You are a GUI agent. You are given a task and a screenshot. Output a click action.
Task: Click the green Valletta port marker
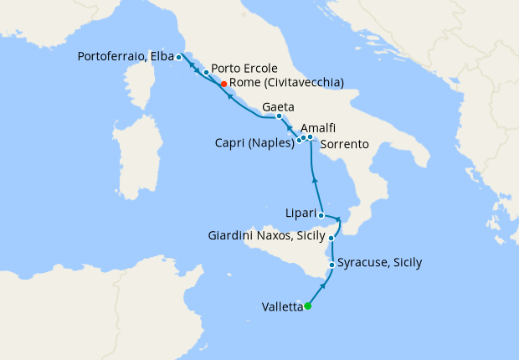pos(308,306)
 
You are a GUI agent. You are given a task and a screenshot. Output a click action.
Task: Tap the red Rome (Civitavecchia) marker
pos(224,84)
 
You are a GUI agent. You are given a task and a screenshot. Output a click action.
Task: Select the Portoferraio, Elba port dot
pos(178,57)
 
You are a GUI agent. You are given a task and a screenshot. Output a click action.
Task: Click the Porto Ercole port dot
pos(206,73)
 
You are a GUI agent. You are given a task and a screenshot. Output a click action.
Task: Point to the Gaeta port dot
pos(279,116)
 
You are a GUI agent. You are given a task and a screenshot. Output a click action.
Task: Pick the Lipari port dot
pos(321,215)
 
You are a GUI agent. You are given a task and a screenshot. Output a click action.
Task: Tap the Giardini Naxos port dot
pos(331,239)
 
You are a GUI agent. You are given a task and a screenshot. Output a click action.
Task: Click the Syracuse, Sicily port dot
pos(332,265)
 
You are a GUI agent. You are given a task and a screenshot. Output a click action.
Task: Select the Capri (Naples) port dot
pos(299,140)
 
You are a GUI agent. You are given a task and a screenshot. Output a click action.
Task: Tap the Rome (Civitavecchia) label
pos(286,83)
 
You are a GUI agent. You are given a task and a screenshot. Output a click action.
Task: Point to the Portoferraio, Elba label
pos(125,57)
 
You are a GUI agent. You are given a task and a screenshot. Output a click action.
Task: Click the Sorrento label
pos(344,145)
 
